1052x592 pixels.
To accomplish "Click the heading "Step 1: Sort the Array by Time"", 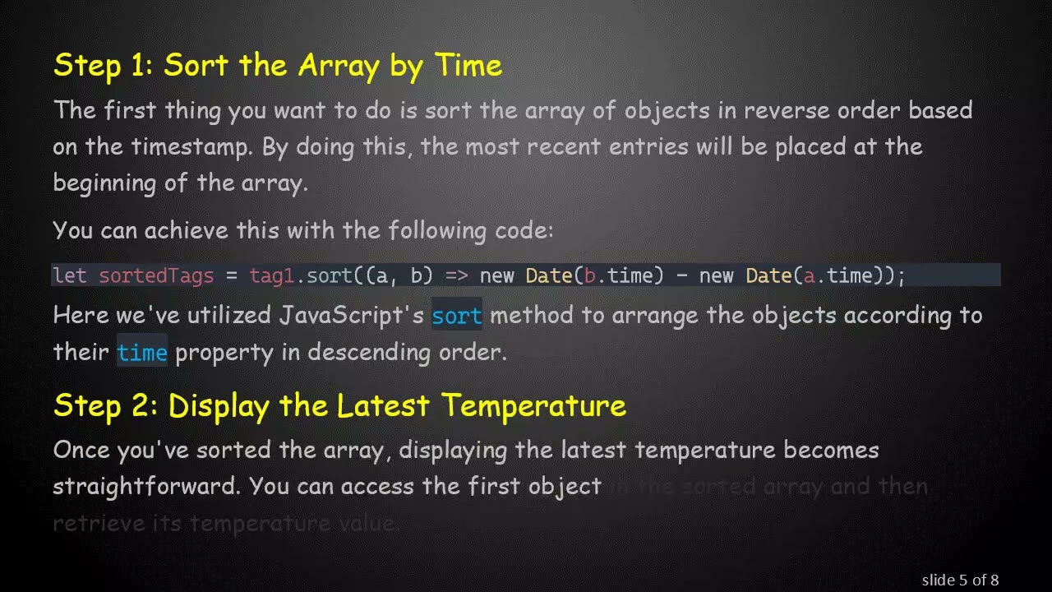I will coord(277,65).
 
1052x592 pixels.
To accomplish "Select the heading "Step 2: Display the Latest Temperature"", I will coord(339,405).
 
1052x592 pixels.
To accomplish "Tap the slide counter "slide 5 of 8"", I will coord(960,580).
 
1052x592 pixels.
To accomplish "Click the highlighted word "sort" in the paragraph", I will coord(457,316).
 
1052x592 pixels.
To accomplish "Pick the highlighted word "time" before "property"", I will coord(142,353).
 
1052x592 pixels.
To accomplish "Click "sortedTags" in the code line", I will coord(156,275).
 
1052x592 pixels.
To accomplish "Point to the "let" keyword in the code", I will coord(70,275).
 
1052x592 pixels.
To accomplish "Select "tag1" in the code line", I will coord(271,275).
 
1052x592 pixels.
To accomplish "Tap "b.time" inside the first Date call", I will coord(623,275).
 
